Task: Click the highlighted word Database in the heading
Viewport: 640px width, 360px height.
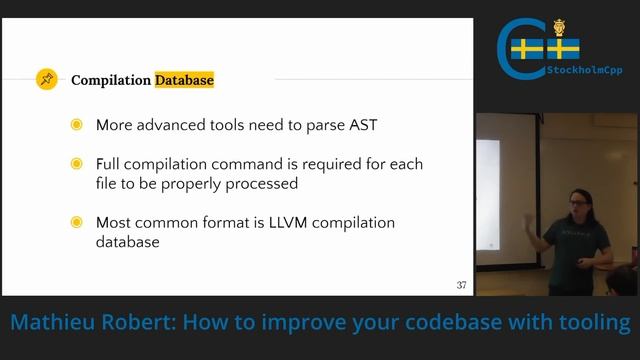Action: (x=184, y=80)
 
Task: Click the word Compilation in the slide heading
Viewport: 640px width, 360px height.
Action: (x=111, y=80)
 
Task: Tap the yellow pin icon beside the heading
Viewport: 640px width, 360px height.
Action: (x=46, y=79)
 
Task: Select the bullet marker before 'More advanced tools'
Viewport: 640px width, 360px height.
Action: (x=77, y=125)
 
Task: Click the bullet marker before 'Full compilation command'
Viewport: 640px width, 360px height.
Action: (x=77, y=164)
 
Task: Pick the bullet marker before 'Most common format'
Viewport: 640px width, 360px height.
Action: (x=77, y=222)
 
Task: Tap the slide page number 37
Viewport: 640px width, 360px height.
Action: (x=461, y=285)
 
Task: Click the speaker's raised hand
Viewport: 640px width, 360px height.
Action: (x=529, y=224)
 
